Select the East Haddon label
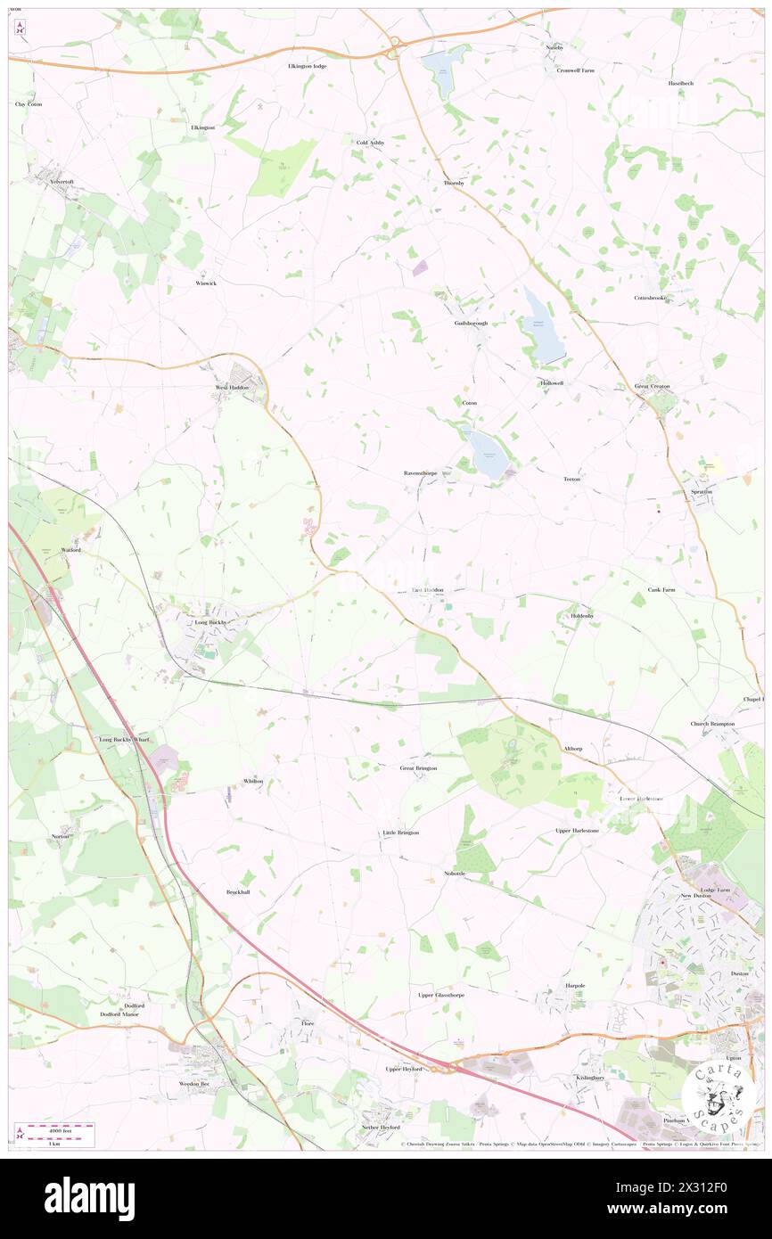427,590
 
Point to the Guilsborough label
471,324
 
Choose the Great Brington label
418,767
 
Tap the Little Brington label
400,833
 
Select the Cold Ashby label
368,143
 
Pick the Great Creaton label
652,386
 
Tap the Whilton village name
253,781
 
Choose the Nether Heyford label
381,1127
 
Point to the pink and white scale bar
60,1127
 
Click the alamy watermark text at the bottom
89,1199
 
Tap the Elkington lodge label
308,66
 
